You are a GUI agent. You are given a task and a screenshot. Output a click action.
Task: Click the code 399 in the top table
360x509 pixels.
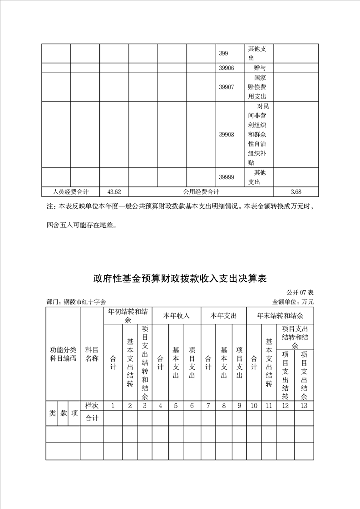click(x=223, y=54)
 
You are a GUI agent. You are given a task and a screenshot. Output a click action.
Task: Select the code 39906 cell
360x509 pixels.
click(x=226, y=68)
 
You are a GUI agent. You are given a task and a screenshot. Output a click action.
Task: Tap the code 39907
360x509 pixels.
click(x=226, y=87)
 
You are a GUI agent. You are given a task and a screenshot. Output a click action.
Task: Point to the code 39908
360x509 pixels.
click(x=226, y=135)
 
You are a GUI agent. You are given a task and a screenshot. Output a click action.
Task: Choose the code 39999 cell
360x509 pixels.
click(x=226, y=177)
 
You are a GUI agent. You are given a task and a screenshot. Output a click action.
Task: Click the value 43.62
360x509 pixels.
click(x=114, y=191)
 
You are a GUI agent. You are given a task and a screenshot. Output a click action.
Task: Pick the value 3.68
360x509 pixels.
click(x=296, y=191)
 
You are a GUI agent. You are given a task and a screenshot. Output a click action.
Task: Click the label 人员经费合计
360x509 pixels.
click(x=70, y=191)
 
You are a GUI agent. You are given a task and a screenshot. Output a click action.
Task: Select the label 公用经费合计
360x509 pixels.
click(x=201, y=191)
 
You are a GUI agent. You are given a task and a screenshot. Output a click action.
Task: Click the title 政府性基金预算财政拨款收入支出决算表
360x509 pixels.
click(x=180, y=278)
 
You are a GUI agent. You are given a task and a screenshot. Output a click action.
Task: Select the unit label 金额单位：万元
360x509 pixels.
click(x=293, y=302)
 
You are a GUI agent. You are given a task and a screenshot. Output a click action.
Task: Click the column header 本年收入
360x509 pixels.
click(x=177, y=315)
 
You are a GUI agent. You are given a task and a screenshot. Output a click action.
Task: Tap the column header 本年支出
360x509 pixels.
click(x=224, y=315)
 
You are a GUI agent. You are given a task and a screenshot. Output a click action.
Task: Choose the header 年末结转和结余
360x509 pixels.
click(x=280, y=315)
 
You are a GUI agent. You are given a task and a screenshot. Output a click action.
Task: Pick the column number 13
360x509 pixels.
click(x=304, y=406)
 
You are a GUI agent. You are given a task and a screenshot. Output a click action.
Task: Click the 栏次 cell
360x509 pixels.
click(x=92, y=406)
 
